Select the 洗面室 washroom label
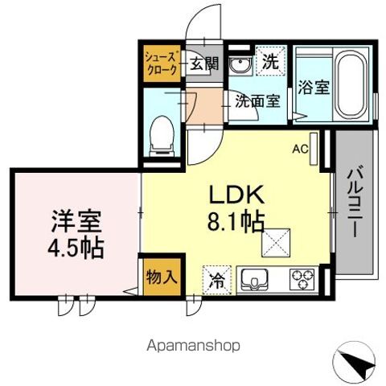tap(257, 101)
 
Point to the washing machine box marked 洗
tap(271, 60)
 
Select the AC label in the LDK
tap(300, 149)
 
